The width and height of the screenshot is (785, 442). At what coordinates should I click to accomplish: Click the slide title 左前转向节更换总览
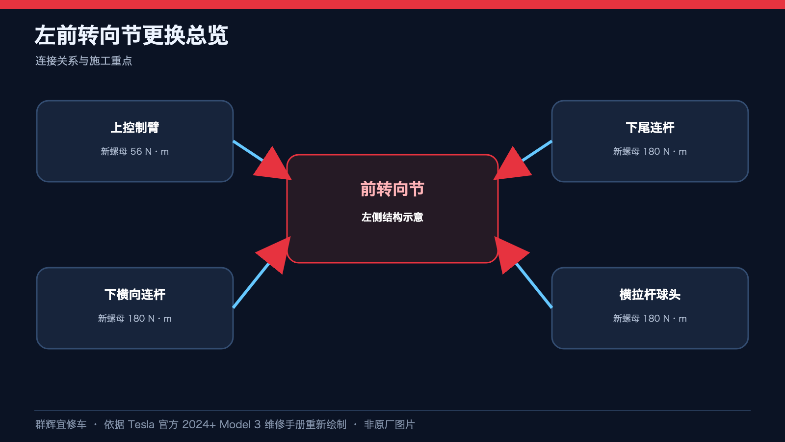(131, 35)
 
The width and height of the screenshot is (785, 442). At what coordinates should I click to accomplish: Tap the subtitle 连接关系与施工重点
(83, 61)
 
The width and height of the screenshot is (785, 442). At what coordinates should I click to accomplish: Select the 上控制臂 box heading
(135, 127)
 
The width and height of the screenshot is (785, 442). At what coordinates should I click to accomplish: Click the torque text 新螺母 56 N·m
(135, 152)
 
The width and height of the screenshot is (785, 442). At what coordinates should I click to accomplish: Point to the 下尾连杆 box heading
(650, 127)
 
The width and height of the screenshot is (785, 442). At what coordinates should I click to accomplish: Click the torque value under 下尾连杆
(650, 152)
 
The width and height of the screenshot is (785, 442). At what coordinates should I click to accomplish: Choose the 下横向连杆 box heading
(135, 294)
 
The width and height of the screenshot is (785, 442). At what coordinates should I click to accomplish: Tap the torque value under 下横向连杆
(135, 319)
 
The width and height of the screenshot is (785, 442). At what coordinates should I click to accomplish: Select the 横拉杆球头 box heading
(650, 294)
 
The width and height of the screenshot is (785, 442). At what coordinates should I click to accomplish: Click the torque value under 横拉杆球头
(650, 319)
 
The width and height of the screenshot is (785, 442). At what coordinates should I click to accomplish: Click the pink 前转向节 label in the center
(392, 189)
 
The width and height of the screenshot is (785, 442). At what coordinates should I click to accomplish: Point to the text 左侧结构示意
(392, 217)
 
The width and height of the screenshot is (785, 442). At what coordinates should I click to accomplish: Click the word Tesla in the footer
(141, 424)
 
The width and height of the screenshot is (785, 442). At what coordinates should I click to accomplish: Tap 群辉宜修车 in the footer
(61, 424)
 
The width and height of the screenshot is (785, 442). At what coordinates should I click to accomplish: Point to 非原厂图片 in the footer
(390, 424)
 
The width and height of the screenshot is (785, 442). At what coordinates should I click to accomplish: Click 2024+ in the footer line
(199, 424)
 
